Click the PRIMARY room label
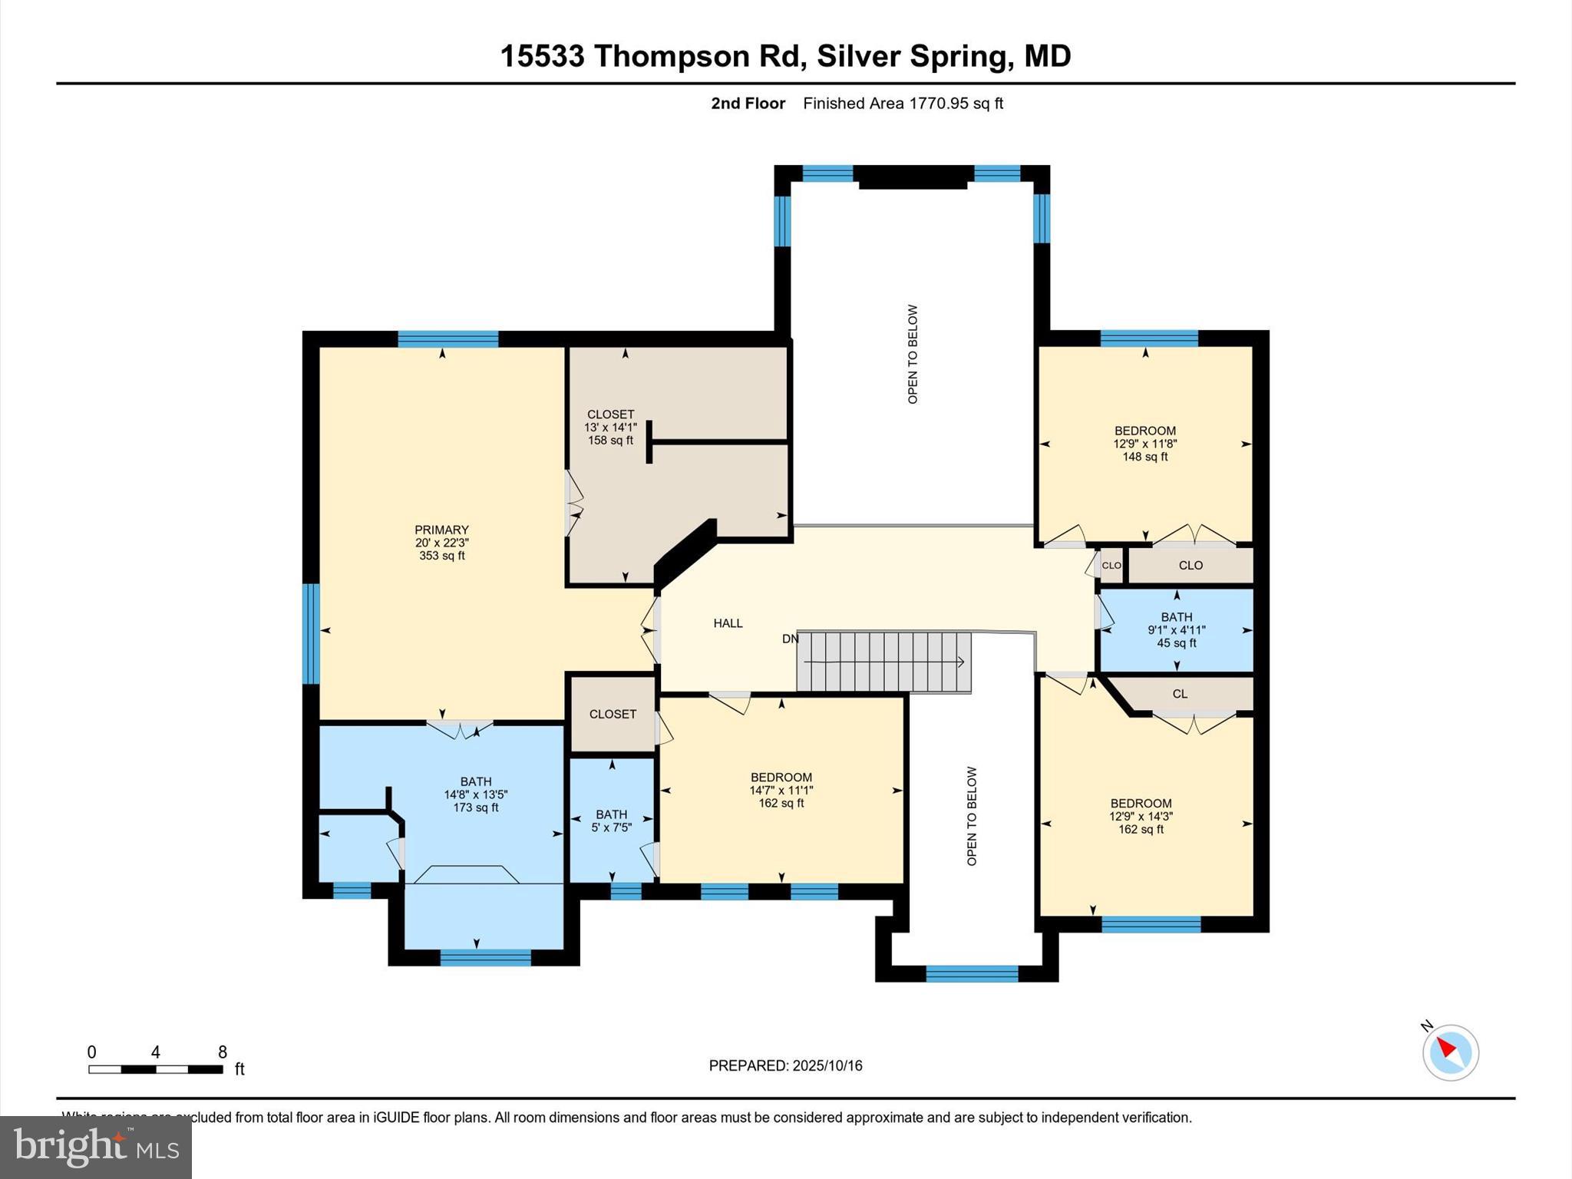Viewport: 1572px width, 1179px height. coord(441,530)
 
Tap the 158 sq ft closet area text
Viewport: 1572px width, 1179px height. coord(610,441)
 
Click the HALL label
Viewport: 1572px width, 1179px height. coord(728,623)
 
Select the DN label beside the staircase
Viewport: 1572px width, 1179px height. coord(790,639)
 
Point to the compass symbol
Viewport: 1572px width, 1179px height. coord(1450,1052)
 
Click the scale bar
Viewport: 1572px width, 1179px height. coord(156,1068)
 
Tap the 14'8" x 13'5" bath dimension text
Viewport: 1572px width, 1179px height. coord(476,794)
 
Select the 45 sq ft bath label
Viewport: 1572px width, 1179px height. coord(1176,643)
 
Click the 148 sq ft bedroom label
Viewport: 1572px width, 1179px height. coord(1144,457)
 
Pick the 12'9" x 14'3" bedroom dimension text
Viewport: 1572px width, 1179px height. coord(1141,817)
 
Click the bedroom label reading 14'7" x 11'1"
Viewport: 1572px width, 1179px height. coord(781,790)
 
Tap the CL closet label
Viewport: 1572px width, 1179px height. coord(1180,694)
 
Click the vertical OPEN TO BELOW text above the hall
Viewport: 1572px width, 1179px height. coord(913,355)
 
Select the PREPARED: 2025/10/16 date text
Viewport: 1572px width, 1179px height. coord(785,1065)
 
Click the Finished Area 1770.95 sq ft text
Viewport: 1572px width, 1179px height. coord(903,104)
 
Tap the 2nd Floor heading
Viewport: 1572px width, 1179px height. coord(748,104)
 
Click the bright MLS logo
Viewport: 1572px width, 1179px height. coord(96,1147)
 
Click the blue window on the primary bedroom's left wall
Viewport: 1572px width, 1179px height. coord(310,633)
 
